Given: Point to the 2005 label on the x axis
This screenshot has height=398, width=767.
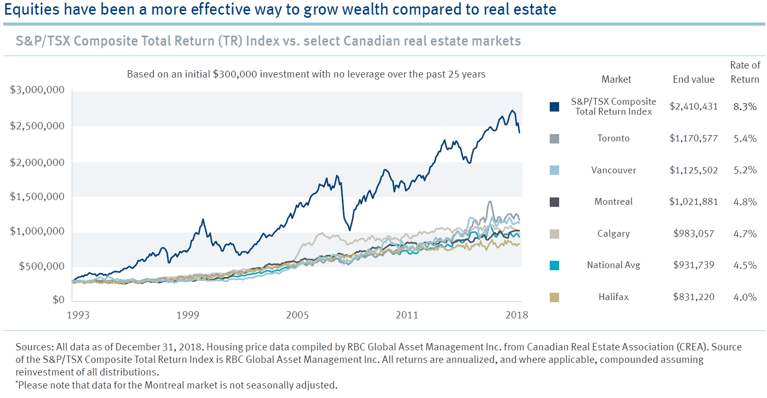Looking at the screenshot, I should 297,315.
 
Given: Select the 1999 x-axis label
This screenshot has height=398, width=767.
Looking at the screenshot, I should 187,315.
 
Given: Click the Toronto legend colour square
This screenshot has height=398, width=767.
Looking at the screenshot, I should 554,138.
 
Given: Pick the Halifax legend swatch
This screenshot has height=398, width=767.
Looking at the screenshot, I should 554,297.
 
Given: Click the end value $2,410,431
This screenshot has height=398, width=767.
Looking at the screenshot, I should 694,106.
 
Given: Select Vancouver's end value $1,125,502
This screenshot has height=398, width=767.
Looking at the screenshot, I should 694,170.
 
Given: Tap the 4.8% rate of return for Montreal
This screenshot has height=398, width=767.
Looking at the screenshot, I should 745,202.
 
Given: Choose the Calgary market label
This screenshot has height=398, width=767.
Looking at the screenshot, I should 614,234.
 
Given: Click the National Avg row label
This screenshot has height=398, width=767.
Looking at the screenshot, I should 614,265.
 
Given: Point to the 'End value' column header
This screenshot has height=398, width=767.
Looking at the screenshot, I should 694,80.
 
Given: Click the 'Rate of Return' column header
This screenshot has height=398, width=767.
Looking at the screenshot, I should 745,72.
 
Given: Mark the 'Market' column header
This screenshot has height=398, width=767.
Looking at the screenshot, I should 616,80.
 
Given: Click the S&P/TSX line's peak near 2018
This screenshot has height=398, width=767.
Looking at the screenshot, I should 512,111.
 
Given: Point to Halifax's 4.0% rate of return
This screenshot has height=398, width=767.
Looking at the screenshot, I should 745,297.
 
